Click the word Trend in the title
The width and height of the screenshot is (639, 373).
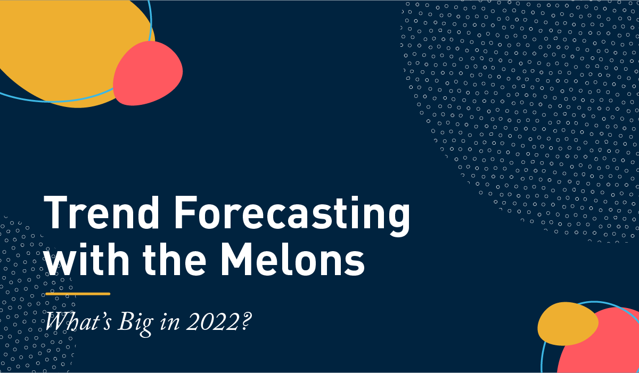tap(101, 212)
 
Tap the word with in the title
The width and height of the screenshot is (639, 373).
tap(87, 259)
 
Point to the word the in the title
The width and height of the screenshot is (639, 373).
tap(174, 259)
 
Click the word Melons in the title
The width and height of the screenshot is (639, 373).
tap(292, 259)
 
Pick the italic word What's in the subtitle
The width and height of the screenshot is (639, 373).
tap(78, 322)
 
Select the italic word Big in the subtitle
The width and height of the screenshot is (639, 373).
tap(135, 324)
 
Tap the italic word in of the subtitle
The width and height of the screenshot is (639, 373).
tap(170, 322)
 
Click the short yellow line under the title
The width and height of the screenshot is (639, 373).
tap(78, 294)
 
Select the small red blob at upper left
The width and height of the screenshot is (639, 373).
tap(148, 73)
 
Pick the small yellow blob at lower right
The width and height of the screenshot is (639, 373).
tap(568, 324)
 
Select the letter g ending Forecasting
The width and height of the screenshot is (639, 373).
tap(398, 220)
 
